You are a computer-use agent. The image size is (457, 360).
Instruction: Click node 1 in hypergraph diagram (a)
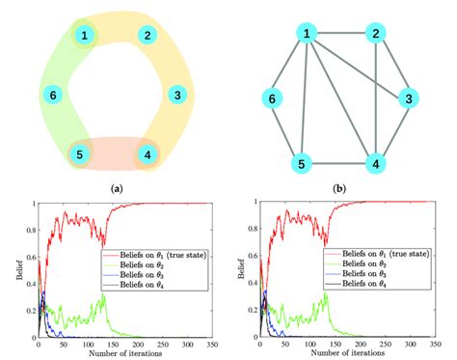click(x=86, y=36)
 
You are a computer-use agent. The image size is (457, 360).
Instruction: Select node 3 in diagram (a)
click(x=175, y=95)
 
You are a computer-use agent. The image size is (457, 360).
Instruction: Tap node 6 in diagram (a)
click(x=53, y=95)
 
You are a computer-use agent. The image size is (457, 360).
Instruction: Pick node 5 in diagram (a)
click(x=85, y=153)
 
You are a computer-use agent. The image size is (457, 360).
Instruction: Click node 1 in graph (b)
click(x=308, y=35)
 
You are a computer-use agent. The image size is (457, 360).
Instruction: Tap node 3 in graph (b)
click(x=410, y=98)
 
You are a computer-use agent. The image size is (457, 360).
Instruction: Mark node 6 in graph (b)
click(x=274, y=98)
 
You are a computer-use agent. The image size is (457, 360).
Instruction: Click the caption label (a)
click(x=117, y=188)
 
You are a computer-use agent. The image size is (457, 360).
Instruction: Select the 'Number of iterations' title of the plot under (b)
click(x=339, y=353)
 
